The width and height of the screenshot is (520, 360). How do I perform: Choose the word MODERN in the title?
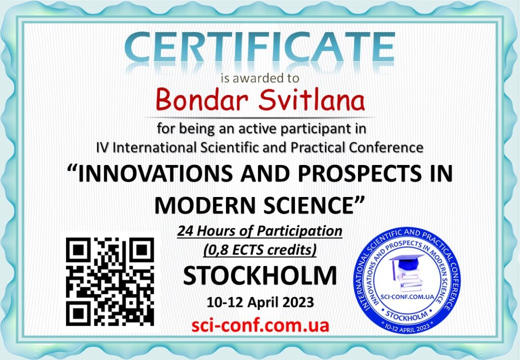(205, 205)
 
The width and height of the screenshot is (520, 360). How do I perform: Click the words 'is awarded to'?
(260, 78)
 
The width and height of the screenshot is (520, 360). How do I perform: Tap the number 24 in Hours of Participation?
(185, 231)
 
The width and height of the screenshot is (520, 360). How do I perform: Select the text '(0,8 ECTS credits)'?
(260, 250)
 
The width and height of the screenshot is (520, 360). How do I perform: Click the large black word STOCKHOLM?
(260, 276)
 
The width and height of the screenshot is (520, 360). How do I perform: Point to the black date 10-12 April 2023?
(260, 302)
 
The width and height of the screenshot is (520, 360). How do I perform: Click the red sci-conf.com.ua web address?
(261, 325)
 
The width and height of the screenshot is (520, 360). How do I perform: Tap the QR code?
(110, 281)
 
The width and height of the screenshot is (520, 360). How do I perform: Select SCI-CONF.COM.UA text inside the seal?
(407, 297)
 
